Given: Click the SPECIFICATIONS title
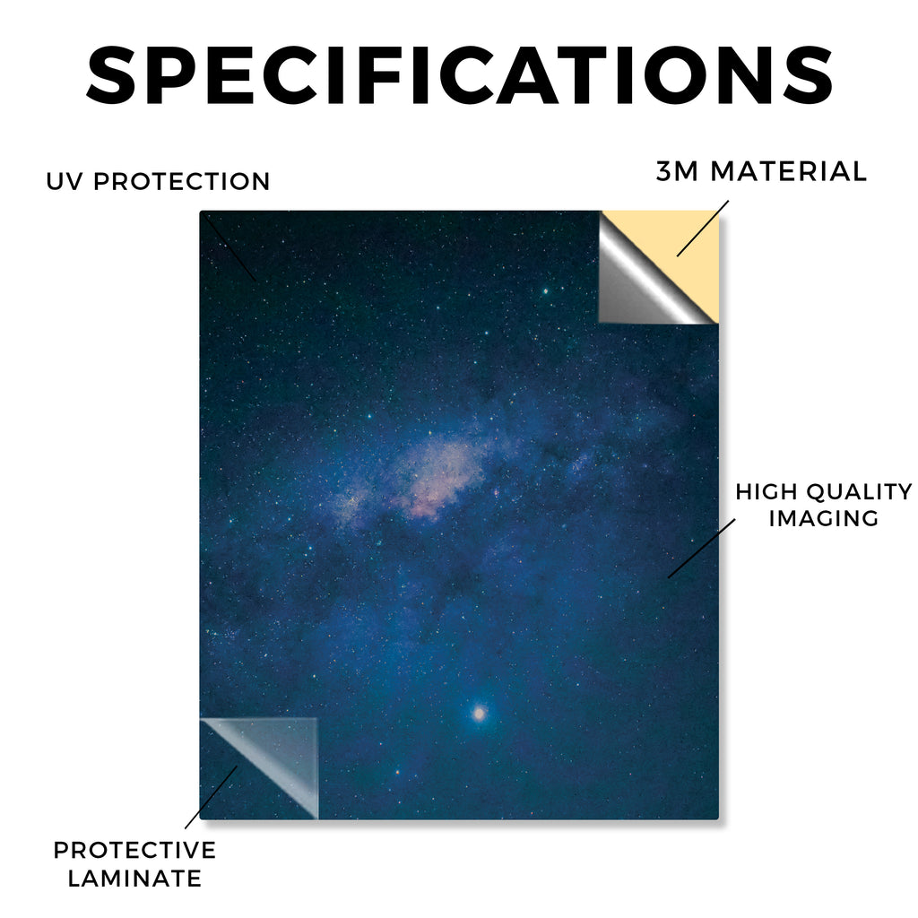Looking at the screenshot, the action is coord(459,75).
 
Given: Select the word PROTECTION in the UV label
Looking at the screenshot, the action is coord(181,181).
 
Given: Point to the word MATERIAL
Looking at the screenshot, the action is coord(788,171).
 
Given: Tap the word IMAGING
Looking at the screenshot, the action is coord(823,518).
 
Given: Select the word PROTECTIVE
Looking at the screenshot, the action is coord(134,850).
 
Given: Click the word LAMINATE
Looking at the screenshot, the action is coord(134,879).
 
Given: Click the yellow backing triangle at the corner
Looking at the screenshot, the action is coord(680,246).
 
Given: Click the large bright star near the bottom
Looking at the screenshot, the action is coord(480,713).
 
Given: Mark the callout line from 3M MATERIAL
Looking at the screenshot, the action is coord(703,229).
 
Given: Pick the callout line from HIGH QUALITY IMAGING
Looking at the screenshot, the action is coord(701,548).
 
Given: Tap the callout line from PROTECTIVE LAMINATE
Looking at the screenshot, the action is coord(212,797).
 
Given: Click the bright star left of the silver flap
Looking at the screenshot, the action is coord(545,291).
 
